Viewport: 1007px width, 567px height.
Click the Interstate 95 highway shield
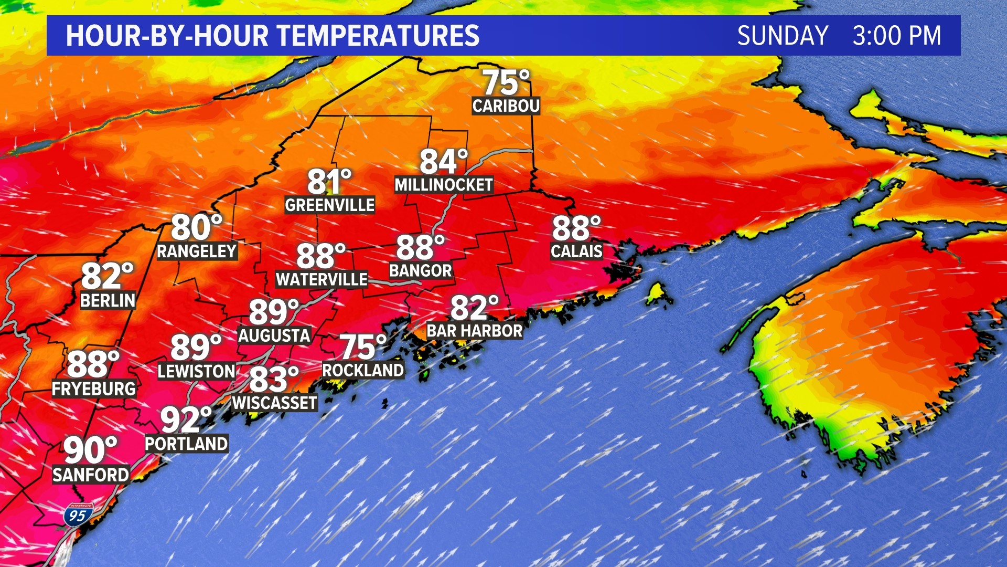(x=78, y=515)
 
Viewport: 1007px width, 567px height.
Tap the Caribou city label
(x=506, y=106)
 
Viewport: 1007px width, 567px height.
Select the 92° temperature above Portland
(x=186, y=419)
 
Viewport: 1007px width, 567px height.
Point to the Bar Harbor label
(x=474, y=331)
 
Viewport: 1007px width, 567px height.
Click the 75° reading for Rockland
(x=363, y=347)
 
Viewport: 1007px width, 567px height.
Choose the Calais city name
(x=576, y=251)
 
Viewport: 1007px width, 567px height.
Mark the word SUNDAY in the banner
(x=783, y=36)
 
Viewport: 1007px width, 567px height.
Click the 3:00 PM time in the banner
(x=896, y=36)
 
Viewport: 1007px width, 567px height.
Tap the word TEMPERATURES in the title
(x=378, y=36)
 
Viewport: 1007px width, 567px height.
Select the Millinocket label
(x=444, y=185)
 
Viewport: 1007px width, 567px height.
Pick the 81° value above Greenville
(x=329, y=182)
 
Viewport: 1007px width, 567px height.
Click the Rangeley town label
(x=197, y=251)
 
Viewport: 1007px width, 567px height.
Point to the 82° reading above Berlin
(x=107, y=276)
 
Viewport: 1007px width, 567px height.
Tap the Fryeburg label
(x=94, y=388)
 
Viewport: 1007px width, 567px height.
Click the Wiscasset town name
(x=275, y=403)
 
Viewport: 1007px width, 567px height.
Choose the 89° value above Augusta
(x=273, y=312)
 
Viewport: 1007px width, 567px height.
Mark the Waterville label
(x=322, y=279)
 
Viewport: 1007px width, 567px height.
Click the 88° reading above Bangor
(x=420, y=247)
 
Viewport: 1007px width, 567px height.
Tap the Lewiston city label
(x=197, y=371)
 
